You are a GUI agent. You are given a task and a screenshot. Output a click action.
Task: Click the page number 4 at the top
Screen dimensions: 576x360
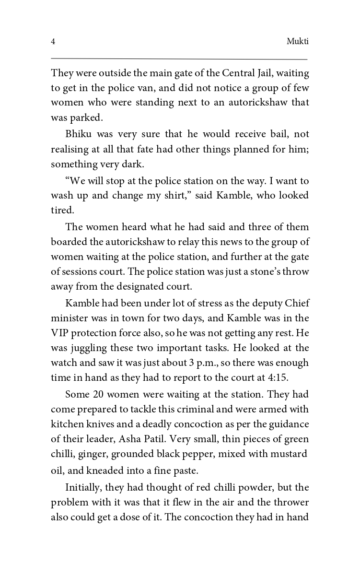[x=53, y=42]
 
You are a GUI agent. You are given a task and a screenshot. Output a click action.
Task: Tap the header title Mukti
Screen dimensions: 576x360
[x=297, y=42]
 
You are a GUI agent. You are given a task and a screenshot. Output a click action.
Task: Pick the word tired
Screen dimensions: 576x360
[x=60, y=210]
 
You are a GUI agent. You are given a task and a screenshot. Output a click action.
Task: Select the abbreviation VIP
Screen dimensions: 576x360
[x=60, y=332]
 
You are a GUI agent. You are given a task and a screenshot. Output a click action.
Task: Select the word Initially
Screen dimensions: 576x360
[x=83, y=487]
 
